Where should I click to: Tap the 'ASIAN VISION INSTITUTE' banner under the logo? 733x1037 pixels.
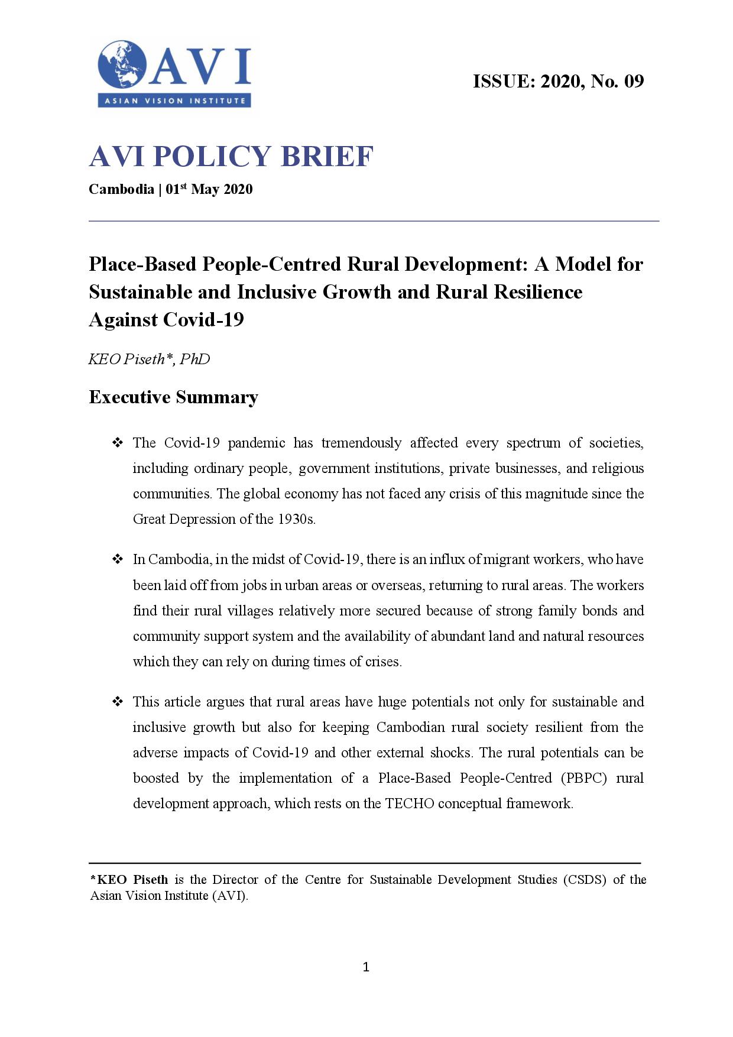tap(174, 101)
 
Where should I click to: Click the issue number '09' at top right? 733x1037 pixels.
tap(634, 81)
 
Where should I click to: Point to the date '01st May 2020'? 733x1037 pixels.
tap(209, 189)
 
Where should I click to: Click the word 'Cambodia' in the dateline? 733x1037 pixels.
tap(121, 189)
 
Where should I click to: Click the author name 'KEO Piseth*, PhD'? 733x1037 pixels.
tap(149, 359)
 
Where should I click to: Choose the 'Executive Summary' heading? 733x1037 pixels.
tap(173, 397)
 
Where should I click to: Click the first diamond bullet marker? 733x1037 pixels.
tap(117, 443)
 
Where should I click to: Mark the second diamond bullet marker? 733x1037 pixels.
tap(117, 559)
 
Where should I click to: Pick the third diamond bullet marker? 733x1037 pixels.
tap(117, 702)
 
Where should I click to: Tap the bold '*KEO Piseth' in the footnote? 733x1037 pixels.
tap(129, 880)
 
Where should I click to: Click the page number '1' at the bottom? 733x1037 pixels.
tap(366, 967)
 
